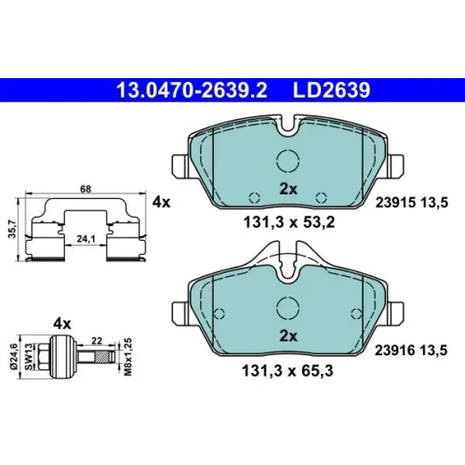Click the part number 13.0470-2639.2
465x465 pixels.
[x=192, y=90]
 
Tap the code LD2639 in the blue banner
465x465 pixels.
[x=331, y=90]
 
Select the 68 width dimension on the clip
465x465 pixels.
[x=86, y=189]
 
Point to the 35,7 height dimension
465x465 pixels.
[x=12, y=229]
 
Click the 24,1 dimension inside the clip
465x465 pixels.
[x=86, y=239]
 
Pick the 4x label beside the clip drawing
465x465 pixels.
[x=161, y=203]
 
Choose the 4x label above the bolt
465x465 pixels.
[x=62, y=324]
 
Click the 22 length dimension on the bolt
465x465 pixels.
[x=97, y=340]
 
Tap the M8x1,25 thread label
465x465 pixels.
[x=128, y=357]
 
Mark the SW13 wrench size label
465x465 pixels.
[x=29, y=356]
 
